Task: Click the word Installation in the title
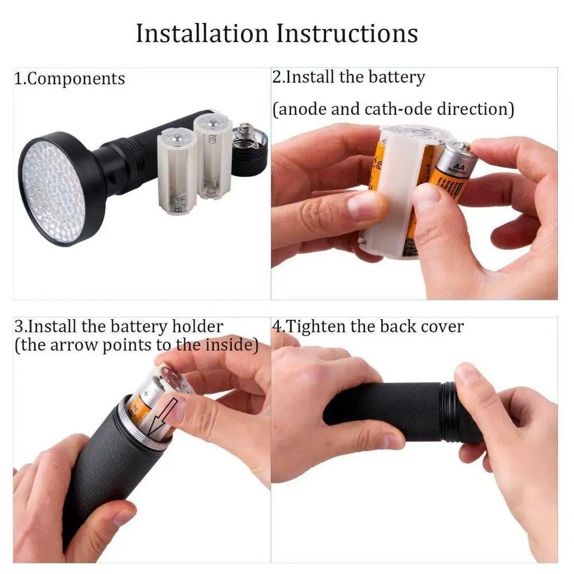(x=203, y=33)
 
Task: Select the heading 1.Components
(x=69, y=79)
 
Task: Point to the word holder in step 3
(x=197, y=327)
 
